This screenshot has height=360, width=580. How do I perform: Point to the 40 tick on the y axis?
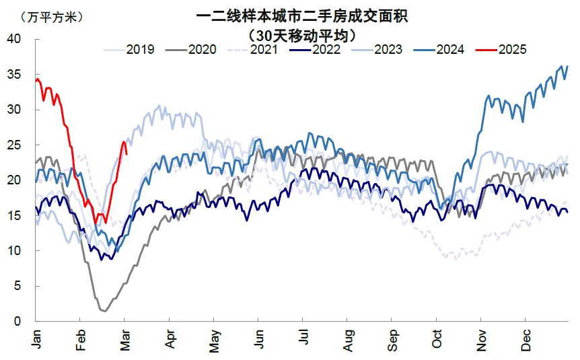point(15,39)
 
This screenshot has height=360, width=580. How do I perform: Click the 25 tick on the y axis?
point(15,145)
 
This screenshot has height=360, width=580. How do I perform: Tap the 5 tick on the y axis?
point(18,286)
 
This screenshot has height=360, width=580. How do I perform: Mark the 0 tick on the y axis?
point(18,322)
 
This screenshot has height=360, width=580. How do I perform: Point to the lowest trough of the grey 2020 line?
point(104,311)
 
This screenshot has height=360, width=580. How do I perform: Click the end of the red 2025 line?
point(126,154)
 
